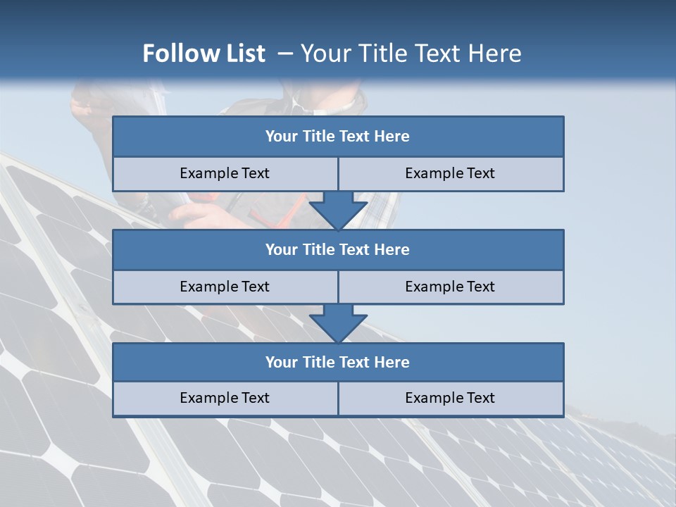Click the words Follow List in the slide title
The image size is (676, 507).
[204, 54]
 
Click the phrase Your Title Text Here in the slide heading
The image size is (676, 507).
[411, 54]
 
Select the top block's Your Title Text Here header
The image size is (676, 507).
[337, 137]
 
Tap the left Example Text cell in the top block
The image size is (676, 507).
[225, 173]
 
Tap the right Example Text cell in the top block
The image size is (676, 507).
[450, 173]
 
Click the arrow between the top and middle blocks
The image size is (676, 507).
[338, 210]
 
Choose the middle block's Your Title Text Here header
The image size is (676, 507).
[337, 249]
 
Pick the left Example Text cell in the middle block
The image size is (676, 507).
[225, 287]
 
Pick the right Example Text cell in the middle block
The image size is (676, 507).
[450, 287]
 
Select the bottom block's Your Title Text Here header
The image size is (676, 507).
[337, 362]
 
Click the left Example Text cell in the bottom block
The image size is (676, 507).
[225, 398]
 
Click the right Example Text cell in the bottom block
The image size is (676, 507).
[450, 398]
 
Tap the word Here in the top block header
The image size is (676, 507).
[392, 137]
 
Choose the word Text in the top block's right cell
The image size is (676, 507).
[481, 173]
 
